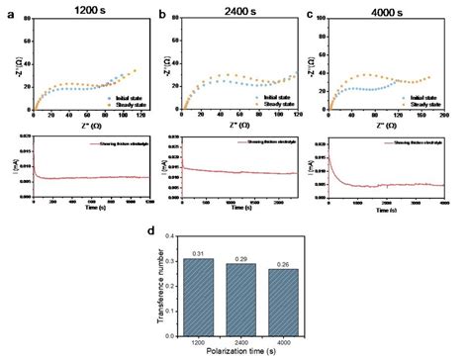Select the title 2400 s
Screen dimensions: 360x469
click(235, 9)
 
